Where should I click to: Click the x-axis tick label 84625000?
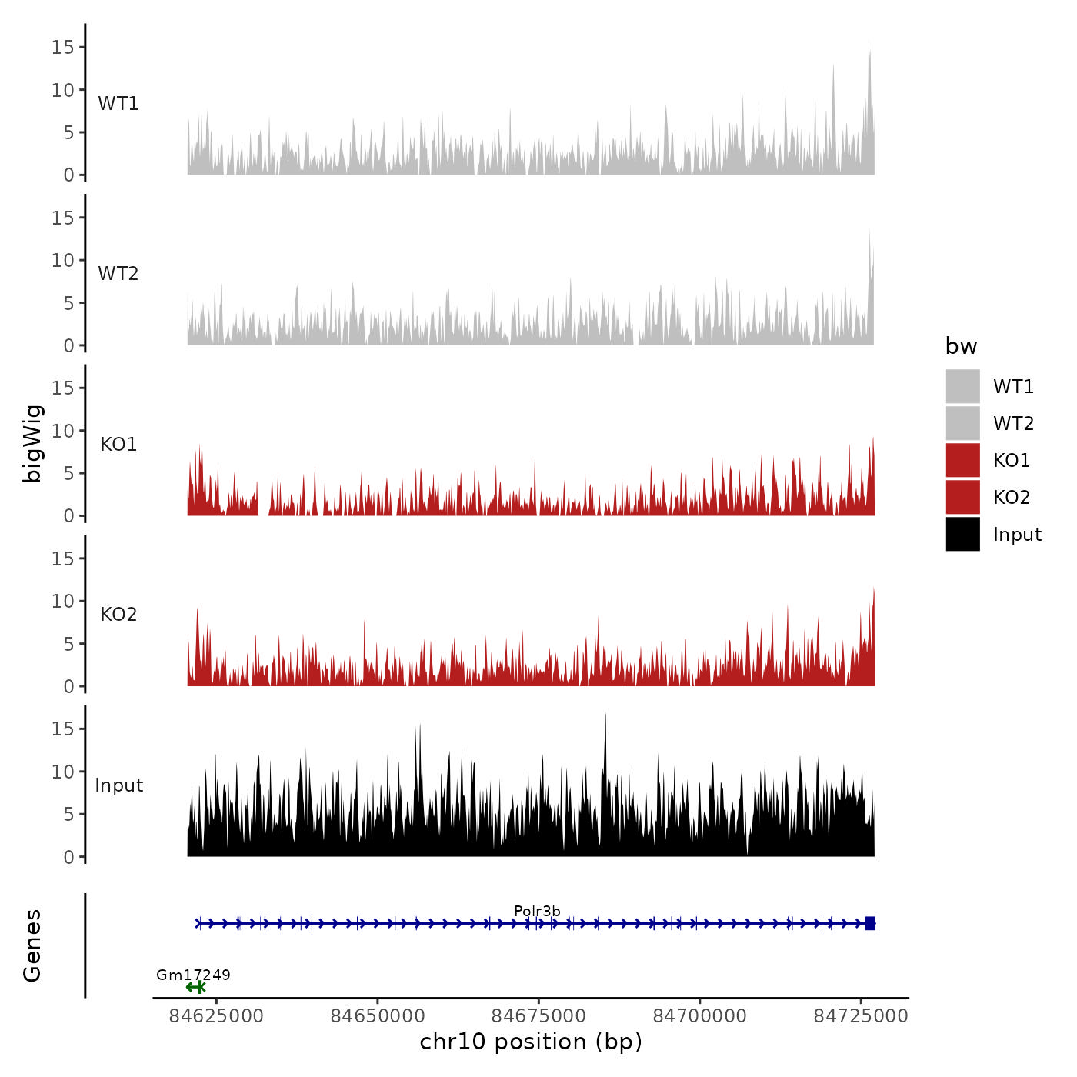point(216,1016)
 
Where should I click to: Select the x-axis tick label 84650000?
point(378,1016)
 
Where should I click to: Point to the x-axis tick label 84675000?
point(538,1016)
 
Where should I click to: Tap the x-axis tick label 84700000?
point(700,1016)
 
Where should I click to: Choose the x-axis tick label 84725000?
point(861,1016)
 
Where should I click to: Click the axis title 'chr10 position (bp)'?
point(531,1042)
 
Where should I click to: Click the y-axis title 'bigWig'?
point(33,444)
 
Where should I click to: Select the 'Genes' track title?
point(33,945)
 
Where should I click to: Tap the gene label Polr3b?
point(537,912)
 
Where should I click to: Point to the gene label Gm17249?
point(193,975)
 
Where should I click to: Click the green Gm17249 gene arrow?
point(195,987)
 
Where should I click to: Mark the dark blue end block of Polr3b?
point(870,923)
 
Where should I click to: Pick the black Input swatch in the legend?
point(962,534)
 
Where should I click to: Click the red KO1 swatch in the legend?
point(962,460)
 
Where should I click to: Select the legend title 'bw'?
point(961,347)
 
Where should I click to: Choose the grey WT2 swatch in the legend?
point(962,423)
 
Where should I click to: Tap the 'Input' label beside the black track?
point(119,785)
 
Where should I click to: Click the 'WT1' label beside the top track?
point(118,104)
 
